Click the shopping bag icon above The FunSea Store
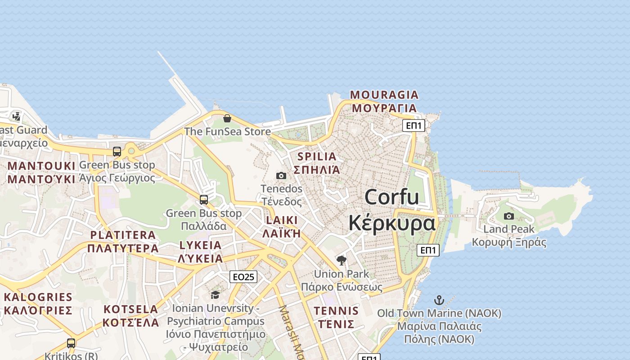click(227, 118)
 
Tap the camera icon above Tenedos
click(281, 175)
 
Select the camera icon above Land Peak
click(508, 216)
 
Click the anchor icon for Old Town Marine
click(439, 300)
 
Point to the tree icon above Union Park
click(342, 260)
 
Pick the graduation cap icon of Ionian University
click(215, 295)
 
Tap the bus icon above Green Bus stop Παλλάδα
click(204, 199)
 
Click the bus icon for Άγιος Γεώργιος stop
click(117, 151)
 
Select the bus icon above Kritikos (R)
click(71, 343)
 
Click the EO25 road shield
click(243, 277)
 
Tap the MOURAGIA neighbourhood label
click(384, 95)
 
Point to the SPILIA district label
click(317, 157)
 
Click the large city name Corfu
click(391, 197)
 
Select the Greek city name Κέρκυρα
click(392, 223)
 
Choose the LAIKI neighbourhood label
click(281, 220)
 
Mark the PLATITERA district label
click(123, 235)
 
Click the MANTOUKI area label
click(41, 166)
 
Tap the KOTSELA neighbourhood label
click(130, 310)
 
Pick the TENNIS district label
click(336, 311)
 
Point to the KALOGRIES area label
click(38, 297)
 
